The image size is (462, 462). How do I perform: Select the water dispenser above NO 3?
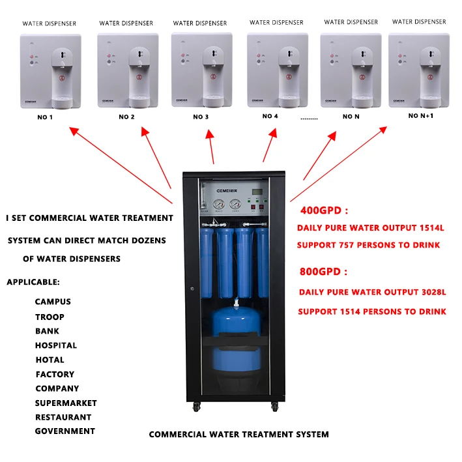coord(201,69)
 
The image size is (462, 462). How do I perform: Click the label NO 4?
coord(270,116)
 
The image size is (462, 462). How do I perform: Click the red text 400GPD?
coord(324,210)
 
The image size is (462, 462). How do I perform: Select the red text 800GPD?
coord(324,271)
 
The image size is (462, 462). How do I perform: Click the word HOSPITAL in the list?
coord(56,345)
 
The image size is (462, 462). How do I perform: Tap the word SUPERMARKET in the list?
coord(66,403)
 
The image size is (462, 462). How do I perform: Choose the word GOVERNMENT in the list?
coord(65,431)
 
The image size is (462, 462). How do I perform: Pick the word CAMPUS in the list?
coord(53,302)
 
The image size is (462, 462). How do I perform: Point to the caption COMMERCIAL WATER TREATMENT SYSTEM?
coord(238,434)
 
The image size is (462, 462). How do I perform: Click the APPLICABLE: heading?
coord(33,282)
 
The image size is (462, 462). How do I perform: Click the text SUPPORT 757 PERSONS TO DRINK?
coord(368,245)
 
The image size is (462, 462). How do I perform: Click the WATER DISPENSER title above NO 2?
coord(126,23)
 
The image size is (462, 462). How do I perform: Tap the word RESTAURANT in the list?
coord(63,417)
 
